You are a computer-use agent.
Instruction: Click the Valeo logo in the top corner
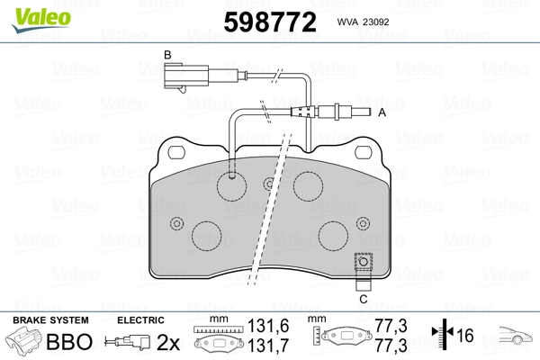41,20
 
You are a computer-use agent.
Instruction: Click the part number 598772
270,22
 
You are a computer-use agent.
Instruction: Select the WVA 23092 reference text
363,22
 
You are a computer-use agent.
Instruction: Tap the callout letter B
167,55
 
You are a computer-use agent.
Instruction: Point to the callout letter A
382,112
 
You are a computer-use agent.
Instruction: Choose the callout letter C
364,299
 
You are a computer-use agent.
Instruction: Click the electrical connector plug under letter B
186,76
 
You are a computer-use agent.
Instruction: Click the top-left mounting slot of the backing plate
176,152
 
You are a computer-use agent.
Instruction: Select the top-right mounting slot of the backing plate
364,152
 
